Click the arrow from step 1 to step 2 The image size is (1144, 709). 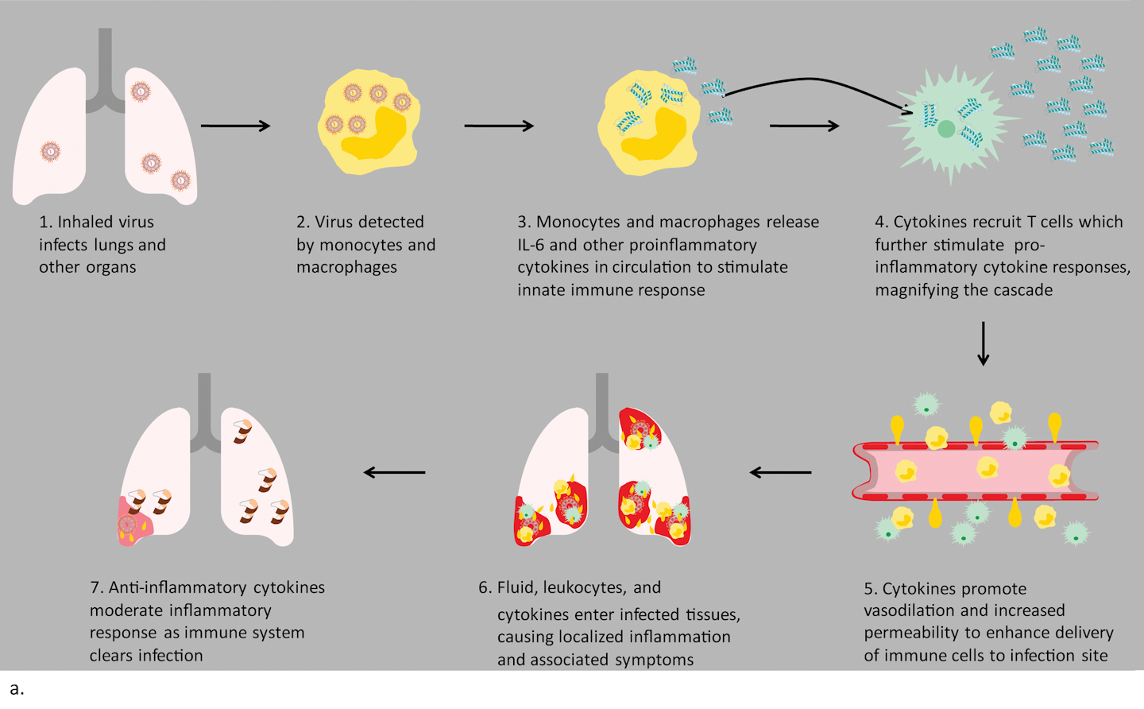coord(235,126)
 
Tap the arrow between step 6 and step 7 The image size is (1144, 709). coord(395,472)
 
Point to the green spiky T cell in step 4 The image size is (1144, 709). coord(947,127)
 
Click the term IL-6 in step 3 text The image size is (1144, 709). coord(531,245)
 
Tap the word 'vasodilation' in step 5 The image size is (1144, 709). coord(910,610)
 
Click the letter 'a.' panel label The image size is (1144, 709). coord(17,688)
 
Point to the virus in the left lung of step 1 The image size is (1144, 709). coord(50,151)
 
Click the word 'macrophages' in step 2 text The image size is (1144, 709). coord(346,267)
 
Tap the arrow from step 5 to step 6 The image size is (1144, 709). coord(781,472)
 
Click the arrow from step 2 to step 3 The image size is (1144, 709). coord(499,126)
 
